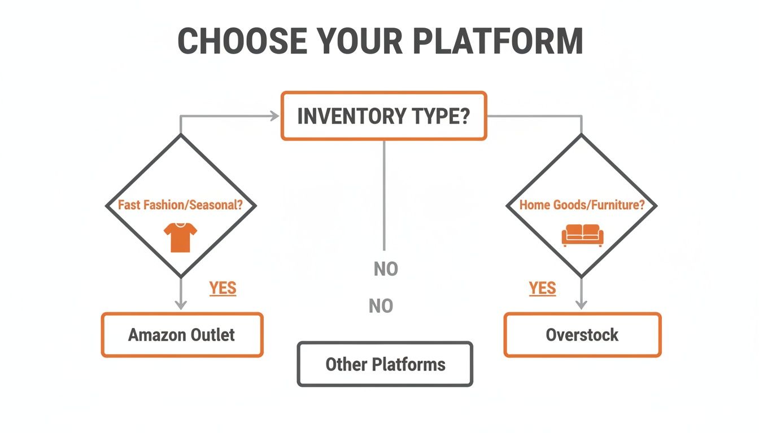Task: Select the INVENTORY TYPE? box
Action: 383,116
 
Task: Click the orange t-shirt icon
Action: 181,236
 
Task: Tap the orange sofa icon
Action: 582,235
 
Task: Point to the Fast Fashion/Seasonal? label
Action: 181,205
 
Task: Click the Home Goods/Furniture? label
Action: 582,205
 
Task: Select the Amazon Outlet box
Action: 182,335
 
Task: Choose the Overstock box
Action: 582,335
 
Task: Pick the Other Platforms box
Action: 385,364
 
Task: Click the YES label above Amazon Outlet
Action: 223,288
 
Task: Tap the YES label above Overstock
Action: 542,288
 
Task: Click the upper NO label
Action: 386,269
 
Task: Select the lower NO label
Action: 381,306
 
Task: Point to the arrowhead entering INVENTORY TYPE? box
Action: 275,116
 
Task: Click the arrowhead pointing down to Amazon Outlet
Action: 181,304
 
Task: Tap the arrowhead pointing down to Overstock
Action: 582,304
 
